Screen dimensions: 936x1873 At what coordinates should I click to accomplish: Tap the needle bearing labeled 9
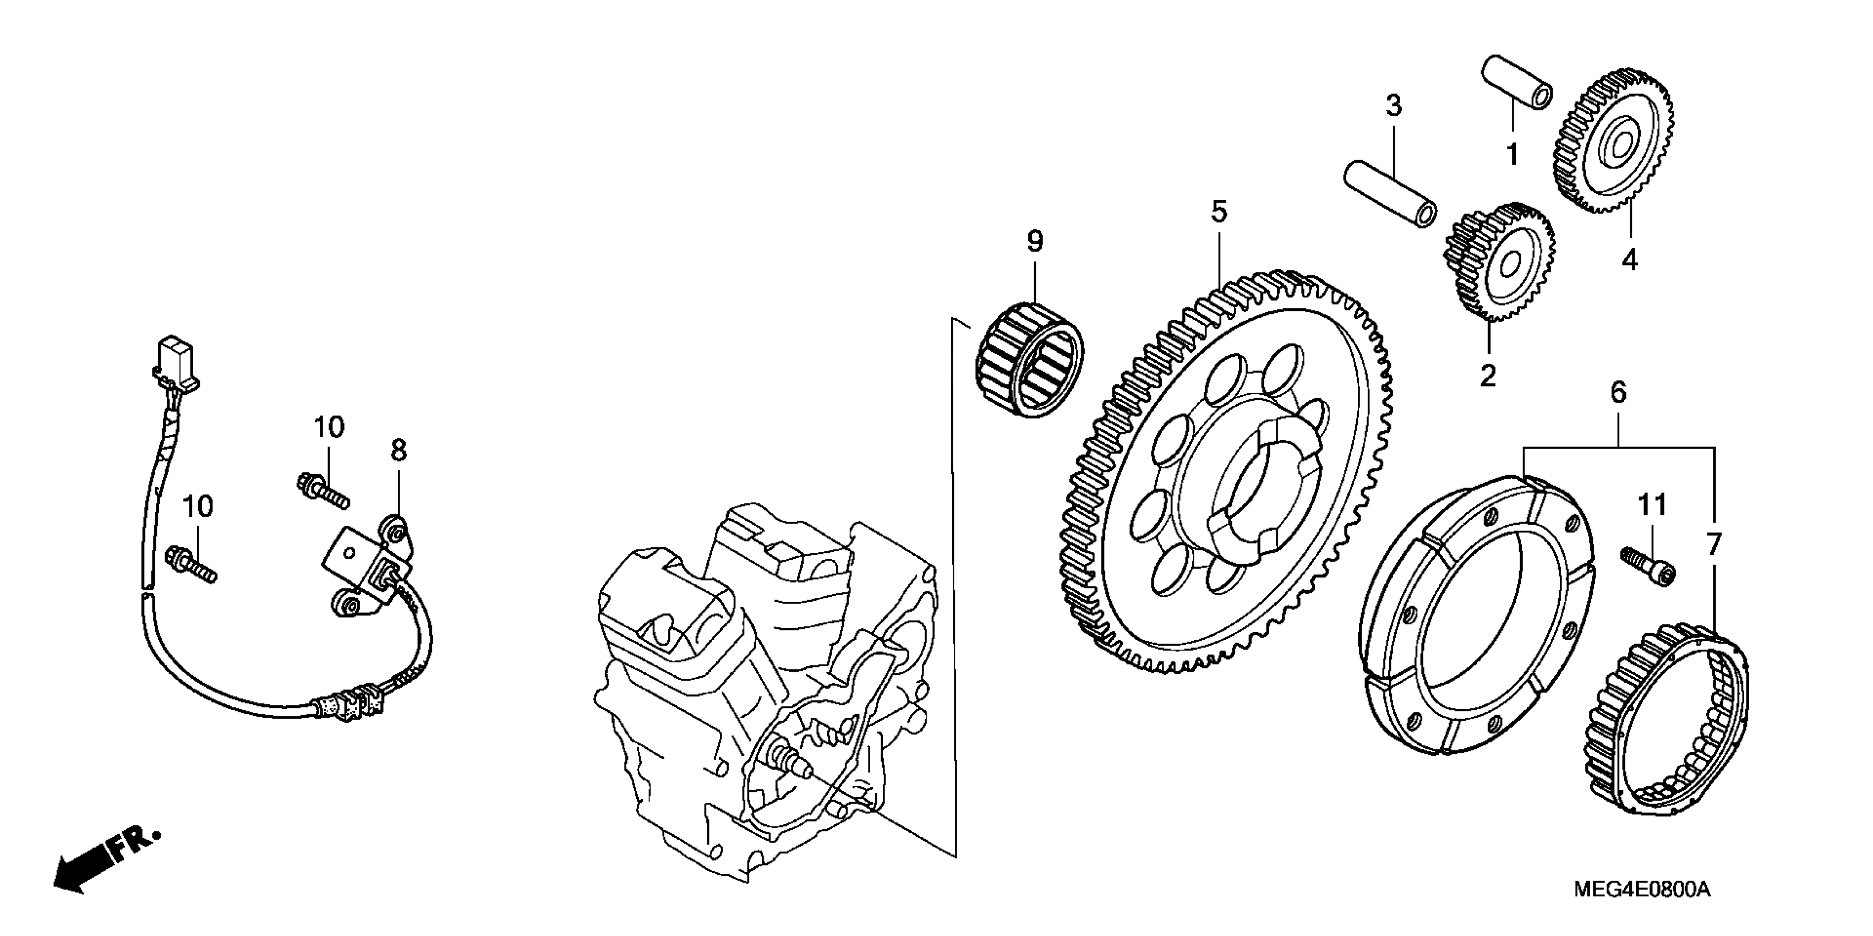tap(1028, 361)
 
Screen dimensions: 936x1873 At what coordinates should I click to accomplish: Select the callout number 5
tap(1219, 211)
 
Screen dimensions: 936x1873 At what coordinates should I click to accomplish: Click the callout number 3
tap(1393, 106)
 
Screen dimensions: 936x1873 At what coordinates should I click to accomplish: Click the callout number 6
tap(1619, 393)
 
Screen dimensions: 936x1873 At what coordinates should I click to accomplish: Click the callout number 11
tap(1652, 505)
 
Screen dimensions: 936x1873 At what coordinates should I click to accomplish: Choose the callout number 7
tap(1714, 545)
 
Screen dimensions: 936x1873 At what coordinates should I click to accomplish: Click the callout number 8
tap(398, 451)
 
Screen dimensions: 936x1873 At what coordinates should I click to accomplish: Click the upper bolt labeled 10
tap(323, 489)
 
